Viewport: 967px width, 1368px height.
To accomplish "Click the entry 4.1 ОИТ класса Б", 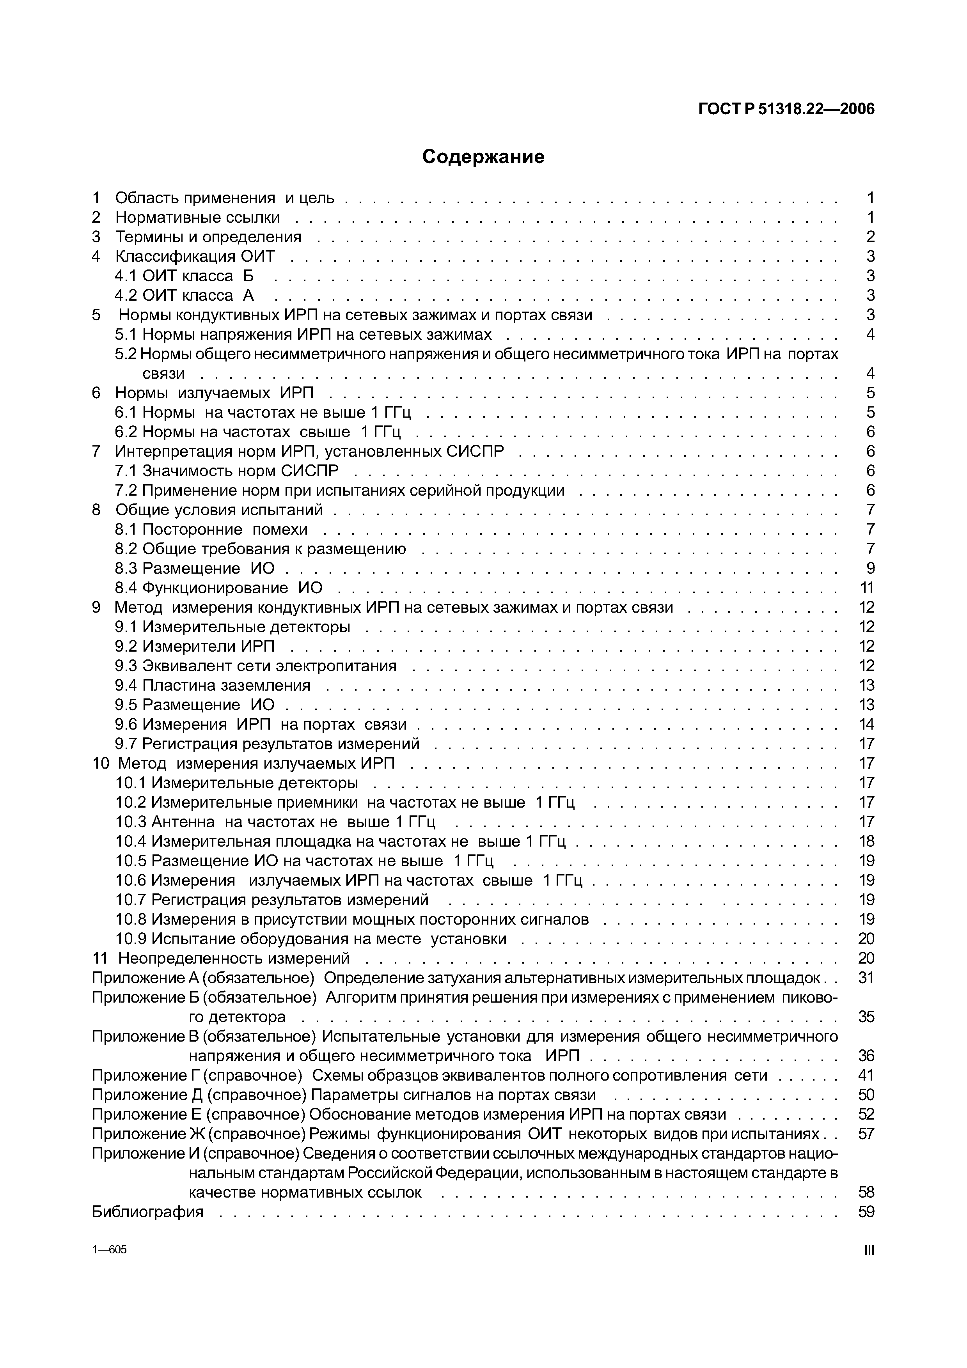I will click(184, 276).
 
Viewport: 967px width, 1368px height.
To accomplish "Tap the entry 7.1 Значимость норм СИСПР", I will click(226, 471).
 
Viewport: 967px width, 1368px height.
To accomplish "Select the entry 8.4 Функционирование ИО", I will click(219, 588).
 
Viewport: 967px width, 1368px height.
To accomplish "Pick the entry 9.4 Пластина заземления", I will click(213, 685).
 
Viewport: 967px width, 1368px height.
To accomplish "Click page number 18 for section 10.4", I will click(866, 841).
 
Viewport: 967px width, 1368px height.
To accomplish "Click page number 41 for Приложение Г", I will click(866, 1076).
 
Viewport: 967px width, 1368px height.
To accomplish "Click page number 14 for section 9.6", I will click(866, 725).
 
